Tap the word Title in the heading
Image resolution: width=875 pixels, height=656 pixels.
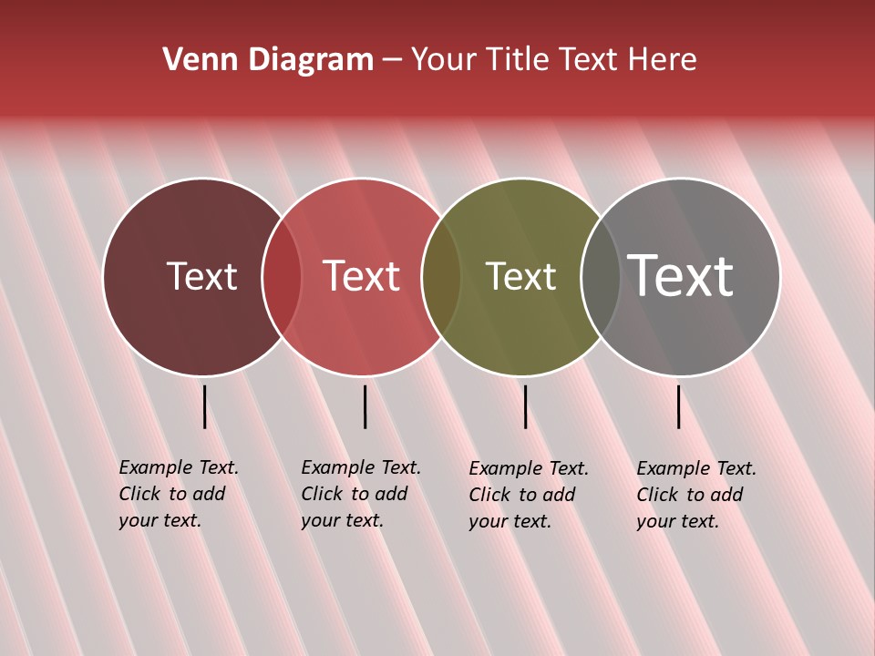pyautogui.click(x=518, y=60)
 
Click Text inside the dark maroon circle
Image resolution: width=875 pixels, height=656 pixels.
pyautogui.click(x=201, y=276)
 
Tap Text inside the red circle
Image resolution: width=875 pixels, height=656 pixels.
pyautogui.click(x=362, y=276)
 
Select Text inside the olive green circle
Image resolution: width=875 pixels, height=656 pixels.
pyautogui.click(x=520, y=276)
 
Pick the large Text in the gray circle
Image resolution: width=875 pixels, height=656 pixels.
pyautogui.click(x=680, y=276)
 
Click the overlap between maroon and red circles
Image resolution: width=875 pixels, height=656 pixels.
pyautogui.click(x=282, y=277)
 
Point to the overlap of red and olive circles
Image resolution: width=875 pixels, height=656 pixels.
pyautogui.click(x=441, y=277)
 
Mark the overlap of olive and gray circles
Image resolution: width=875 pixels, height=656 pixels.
pyautogui.click(x=601, y=277)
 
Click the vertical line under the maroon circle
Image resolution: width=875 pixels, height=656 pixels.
pyautogui.click(x=204, y=406)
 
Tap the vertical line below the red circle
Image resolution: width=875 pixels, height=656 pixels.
pyautogui.click(x=365, y=406)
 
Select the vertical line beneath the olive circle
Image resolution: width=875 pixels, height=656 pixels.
pyautogui.click(x=525, y=406)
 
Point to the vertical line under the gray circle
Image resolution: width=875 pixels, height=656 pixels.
pyautogui.click(x=678, y=406)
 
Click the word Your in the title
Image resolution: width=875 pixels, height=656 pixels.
pyautogui.click(x=446, y=60)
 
